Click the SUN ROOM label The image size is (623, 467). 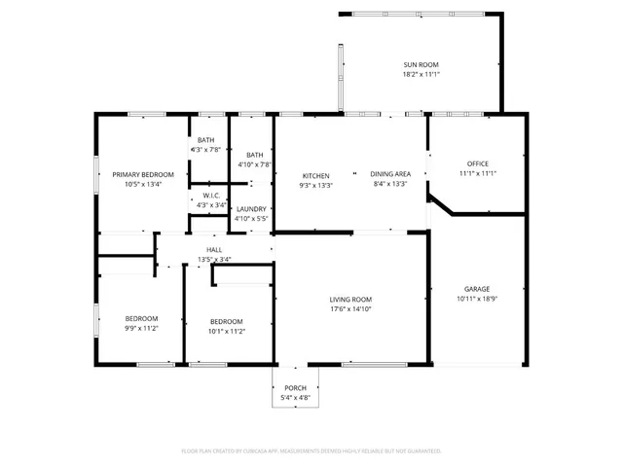(x=422, y=64)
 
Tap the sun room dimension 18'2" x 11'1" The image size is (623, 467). (x=422, y=74)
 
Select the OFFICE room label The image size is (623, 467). (x=477, y=163)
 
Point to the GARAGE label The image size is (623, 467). (x=476, y=289)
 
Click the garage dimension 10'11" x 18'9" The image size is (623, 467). (x=476, y=300)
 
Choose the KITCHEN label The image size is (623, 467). (x=316, y=176)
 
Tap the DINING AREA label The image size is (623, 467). (x=389, y=174)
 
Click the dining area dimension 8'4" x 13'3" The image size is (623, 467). (x=389, y=184)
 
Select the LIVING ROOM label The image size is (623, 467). (x=350, y=299)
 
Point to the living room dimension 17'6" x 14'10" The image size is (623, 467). (x=350, y=309)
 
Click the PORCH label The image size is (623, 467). (x=295, y=388)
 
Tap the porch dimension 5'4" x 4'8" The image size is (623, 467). (x=295, y=398)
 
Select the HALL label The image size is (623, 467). (x=214, y=250)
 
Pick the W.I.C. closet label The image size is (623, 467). (x=211, y=196)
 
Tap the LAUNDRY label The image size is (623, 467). (x=251, y=209)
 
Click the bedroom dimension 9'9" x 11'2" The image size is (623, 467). (x=140, y=330)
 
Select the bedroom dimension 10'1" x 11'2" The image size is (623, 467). (x=227, y=331)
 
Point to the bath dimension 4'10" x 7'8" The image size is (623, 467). (x=254, y=164)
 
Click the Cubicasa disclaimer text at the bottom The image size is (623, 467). (x=311, y=450)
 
